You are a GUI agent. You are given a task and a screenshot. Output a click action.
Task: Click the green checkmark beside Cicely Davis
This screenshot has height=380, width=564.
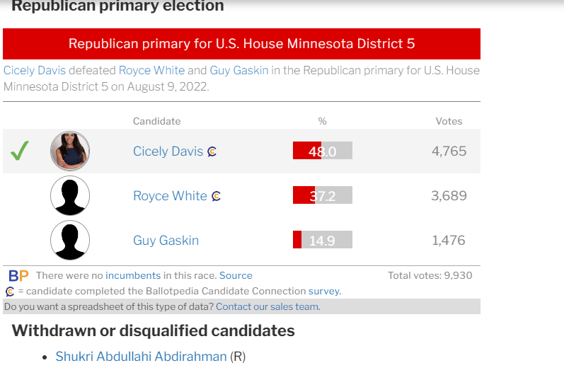(x=20, y=151)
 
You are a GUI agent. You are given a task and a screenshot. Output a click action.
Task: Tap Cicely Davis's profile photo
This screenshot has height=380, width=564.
(x=70, y=151)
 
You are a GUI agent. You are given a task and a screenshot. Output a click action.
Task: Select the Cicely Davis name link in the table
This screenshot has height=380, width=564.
(x=168, y=151)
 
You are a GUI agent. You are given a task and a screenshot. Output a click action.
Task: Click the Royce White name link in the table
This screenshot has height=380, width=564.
(x=170, y=196)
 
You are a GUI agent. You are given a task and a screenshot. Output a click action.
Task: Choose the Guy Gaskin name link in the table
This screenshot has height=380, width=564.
(x=166, y=241)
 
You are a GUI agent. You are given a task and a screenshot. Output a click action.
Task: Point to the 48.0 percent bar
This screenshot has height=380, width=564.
(x=322, y=151)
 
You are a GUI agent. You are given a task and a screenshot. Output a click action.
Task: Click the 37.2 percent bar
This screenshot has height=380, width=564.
(x=322, y=195)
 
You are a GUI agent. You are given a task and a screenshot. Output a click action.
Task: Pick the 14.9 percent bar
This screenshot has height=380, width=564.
(x=322, y=240)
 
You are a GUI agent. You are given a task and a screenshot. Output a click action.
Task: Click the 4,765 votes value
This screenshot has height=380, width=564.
(x=449, y=151)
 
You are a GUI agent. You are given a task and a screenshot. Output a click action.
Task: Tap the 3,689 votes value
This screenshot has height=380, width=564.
(x=449, y=195)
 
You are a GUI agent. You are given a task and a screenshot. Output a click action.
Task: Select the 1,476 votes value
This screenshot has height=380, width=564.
(x=449, y=240)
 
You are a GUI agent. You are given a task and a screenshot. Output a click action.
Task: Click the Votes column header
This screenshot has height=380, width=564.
(x=449, y=121)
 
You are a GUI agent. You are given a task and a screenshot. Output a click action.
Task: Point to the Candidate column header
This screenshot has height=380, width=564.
(x=156, y=121)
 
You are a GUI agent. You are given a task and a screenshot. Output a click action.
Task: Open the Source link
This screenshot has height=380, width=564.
(x=236, y=275)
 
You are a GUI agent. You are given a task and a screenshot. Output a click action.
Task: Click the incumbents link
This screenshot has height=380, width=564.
(x=133, y=275)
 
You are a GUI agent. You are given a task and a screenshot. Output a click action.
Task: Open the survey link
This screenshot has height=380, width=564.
(x=323, y=291)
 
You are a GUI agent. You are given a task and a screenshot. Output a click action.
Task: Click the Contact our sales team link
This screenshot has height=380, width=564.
(x=267, y=306)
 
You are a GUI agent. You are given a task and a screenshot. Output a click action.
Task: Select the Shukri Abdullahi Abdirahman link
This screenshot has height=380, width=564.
(x=141, y=357)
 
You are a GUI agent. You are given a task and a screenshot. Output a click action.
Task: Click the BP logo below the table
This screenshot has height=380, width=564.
(x=19, y=275)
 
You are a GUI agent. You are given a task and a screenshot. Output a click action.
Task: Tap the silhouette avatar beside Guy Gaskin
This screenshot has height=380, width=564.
(x=70, y=240)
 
